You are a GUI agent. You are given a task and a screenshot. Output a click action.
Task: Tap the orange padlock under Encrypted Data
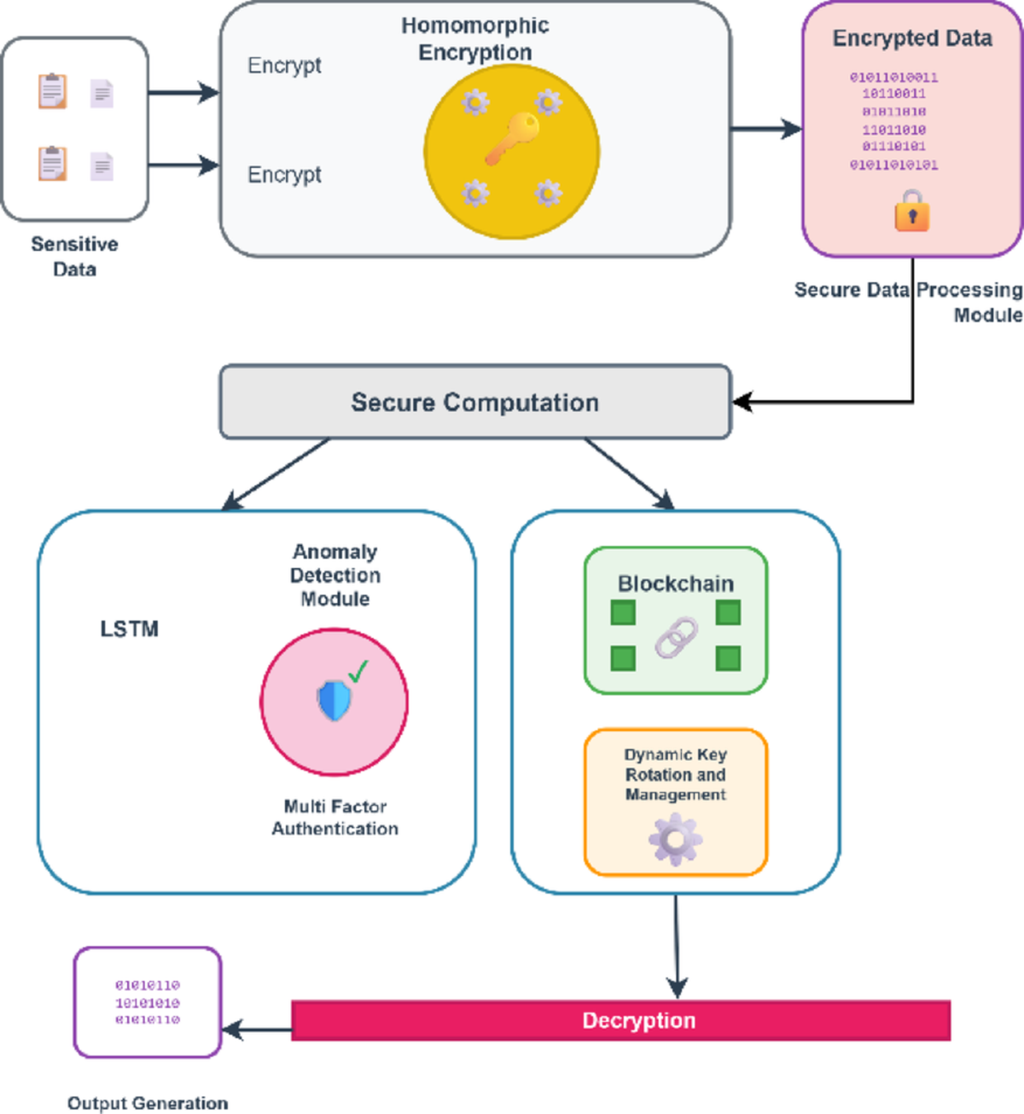[911, 212]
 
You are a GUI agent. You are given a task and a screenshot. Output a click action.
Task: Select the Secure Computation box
[475, 403]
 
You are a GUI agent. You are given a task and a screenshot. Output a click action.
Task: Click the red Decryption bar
[620, 1021]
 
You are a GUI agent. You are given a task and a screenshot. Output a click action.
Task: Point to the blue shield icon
[334, 700]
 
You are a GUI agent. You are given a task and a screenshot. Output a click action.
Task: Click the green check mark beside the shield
[358, 671]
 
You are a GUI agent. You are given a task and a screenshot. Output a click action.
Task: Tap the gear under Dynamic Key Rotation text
[675, 839]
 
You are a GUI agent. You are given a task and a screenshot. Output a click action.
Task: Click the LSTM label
[130, 630]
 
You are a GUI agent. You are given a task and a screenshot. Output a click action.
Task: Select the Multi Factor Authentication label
[335, 817]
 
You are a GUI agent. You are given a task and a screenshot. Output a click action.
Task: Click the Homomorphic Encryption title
[475, 39]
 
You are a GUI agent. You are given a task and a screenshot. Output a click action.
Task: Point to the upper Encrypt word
[284, 66]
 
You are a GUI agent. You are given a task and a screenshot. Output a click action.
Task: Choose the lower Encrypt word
[284, 175]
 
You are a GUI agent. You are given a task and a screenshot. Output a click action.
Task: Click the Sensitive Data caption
[75, 256]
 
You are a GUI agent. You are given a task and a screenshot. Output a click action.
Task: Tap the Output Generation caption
[148, 1103]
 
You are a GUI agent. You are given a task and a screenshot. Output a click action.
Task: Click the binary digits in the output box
[148, 1002]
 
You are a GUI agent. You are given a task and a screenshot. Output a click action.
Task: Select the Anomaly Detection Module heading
[335, 575]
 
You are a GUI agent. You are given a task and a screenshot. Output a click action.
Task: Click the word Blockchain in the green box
[676, 584]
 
